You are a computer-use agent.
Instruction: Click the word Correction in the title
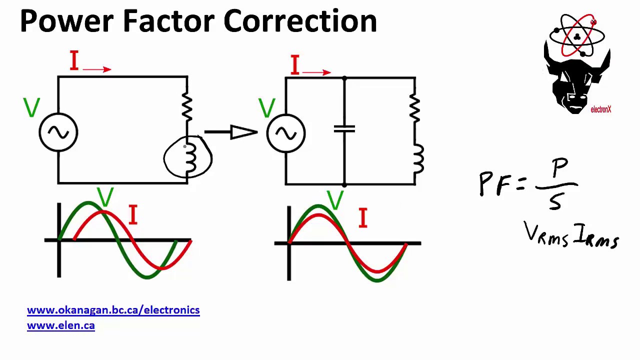(300, 21)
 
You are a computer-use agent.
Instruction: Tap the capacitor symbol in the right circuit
(344, 129)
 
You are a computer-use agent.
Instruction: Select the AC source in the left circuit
(58, 132)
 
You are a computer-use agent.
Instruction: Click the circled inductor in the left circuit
(188, 157)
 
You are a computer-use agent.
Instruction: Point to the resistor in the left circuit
(187, 105)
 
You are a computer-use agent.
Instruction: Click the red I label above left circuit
(74, 61)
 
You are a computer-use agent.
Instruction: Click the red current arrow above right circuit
(316, 72)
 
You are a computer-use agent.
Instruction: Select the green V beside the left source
(31, 107)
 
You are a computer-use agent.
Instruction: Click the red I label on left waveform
(132, 215)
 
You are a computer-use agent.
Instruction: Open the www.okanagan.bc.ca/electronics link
(113, 310)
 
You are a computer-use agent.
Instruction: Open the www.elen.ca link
(60, 325)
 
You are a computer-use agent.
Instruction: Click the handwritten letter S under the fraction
(555, 201)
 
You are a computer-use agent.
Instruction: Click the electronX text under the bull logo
(600, 109)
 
